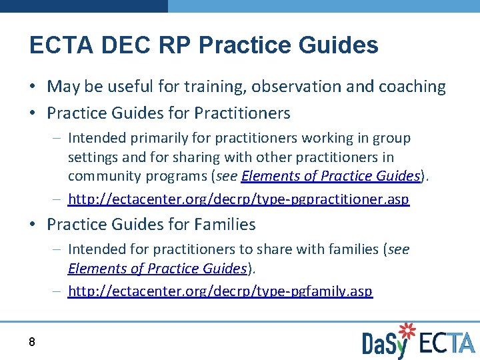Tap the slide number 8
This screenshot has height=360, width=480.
tap(32, 342)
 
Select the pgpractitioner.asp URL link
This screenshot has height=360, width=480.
tap(238, 199)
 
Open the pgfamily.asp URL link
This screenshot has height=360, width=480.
tap(220, 291)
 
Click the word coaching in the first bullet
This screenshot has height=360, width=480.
tap(412, 87)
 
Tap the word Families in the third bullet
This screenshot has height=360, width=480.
tap(223, 225)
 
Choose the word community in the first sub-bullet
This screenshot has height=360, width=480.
tap(101, 176)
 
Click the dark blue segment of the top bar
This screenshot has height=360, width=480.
tap(83, 5)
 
